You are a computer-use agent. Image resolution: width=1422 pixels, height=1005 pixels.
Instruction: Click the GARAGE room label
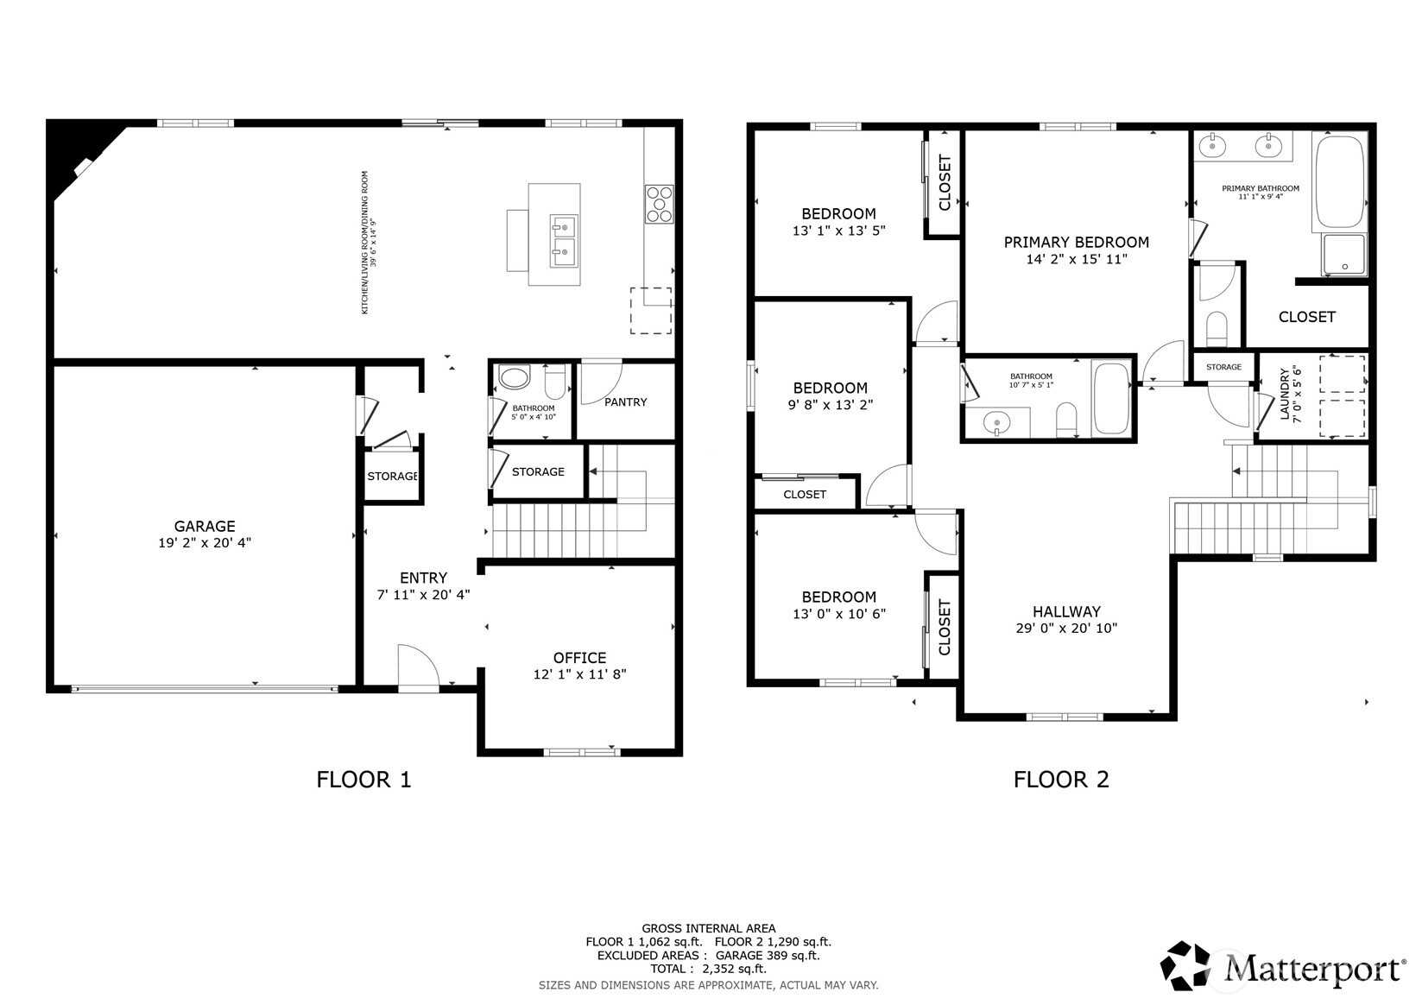tap(205, 526)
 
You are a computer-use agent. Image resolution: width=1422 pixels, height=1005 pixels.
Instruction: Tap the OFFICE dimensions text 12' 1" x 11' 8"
tap(579, 674)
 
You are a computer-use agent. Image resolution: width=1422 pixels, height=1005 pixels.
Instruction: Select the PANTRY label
tap(625, 402)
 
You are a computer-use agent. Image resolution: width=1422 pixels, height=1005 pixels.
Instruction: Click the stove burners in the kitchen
tap(659, 205)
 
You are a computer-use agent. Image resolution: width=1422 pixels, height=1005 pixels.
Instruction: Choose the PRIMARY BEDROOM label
tap(1076, 243)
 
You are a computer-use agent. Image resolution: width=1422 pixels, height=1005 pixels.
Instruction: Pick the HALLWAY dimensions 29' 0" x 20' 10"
tap(1066, 629)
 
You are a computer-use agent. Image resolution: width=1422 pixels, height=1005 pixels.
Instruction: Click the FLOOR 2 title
tap(1061, 779)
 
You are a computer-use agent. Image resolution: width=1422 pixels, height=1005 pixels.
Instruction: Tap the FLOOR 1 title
tap(363, 780)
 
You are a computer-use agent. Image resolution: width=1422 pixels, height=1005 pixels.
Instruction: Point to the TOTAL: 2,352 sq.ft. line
tap(708, 969)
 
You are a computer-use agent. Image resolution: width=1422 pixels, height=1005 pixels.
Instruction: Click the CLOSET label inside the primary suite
tap(1306, 317)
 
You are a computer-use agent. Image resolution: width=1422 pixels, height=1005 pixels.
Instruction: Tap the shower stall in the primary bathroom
tap(1344, 256)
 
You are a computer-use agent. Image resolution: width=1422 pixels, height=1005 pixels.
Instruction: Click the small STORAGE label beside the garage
tap(392, 477)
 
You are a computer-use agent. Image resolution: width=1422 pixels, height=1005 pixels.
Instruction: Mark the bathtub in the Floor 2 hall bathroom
tap(1110, 398)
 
